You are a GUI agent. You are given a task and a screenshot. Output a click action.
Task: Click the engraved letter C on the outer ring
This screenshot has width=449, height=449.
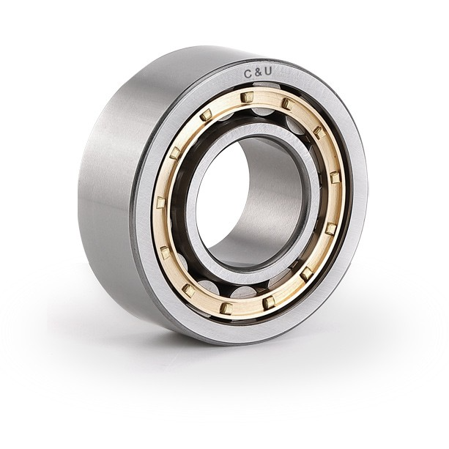(x=248, y=74)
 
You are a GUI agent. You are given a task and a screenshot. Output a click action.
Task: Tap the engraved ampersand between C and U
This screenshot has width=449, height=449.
(x=256, y=73)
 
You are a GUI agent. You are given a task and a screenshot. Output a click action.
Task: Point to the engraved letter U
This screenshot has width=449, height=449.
(x=267, y=72)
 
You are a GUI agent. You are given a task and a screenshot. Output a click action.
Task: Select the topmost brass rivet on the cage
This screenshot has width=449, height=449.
(x=248, y=97)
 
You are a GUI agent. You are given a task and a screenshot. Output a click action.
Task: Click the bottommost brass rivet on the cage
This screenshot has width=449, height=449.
(x=226, y=308)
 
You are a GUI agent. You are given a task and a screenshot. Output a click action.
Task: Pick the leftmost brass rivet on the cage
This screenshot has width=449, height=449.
(x=161, y=203)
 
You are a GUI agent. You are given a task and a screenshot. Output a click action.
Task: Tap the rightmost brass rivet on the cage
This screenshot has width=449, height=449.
(x=334, y=177)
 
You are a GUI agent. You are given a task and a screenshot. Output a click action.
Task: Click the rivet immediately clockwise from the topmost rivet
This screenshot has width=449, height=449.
(x=288, y=103)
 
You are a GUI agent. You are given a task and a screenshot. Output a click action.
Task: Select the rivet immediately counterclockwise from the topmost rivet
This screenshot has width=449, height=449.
(x=206, y=115)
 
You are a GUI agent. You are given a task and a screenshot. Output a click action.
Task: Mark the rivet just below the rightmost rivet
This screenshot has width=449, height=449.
(x=331, y=229)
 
